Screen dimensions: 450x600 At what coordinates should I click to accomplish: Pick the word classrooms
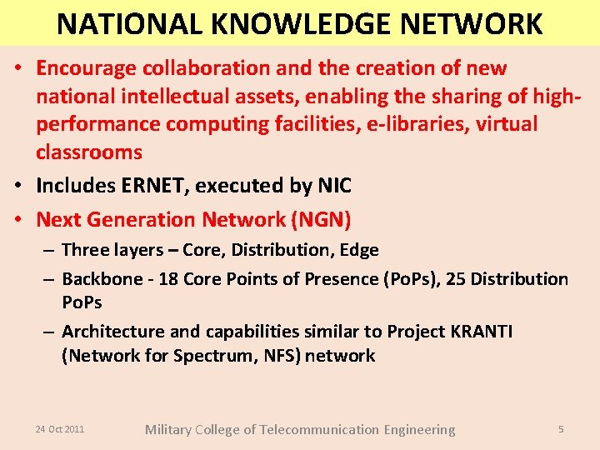tap(89, 152)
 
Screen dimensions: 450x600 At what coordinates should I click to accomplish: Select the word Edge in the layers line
tap(359, 250)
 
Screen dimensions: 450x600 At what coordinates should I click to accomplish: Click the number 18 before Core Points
tap(167, 279)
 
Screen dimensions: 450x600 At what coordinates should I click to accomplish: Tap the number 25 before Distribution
tap(456, 279)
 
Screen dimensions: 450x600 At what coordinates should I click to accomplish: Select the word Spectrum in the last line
tap(211, 356)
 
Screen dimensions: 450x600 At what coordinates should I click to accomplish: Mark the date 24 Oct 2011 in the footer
tap(60, 429)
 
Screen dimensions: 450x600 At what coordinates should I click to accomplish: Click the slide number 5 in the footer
tap(561, 429)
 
